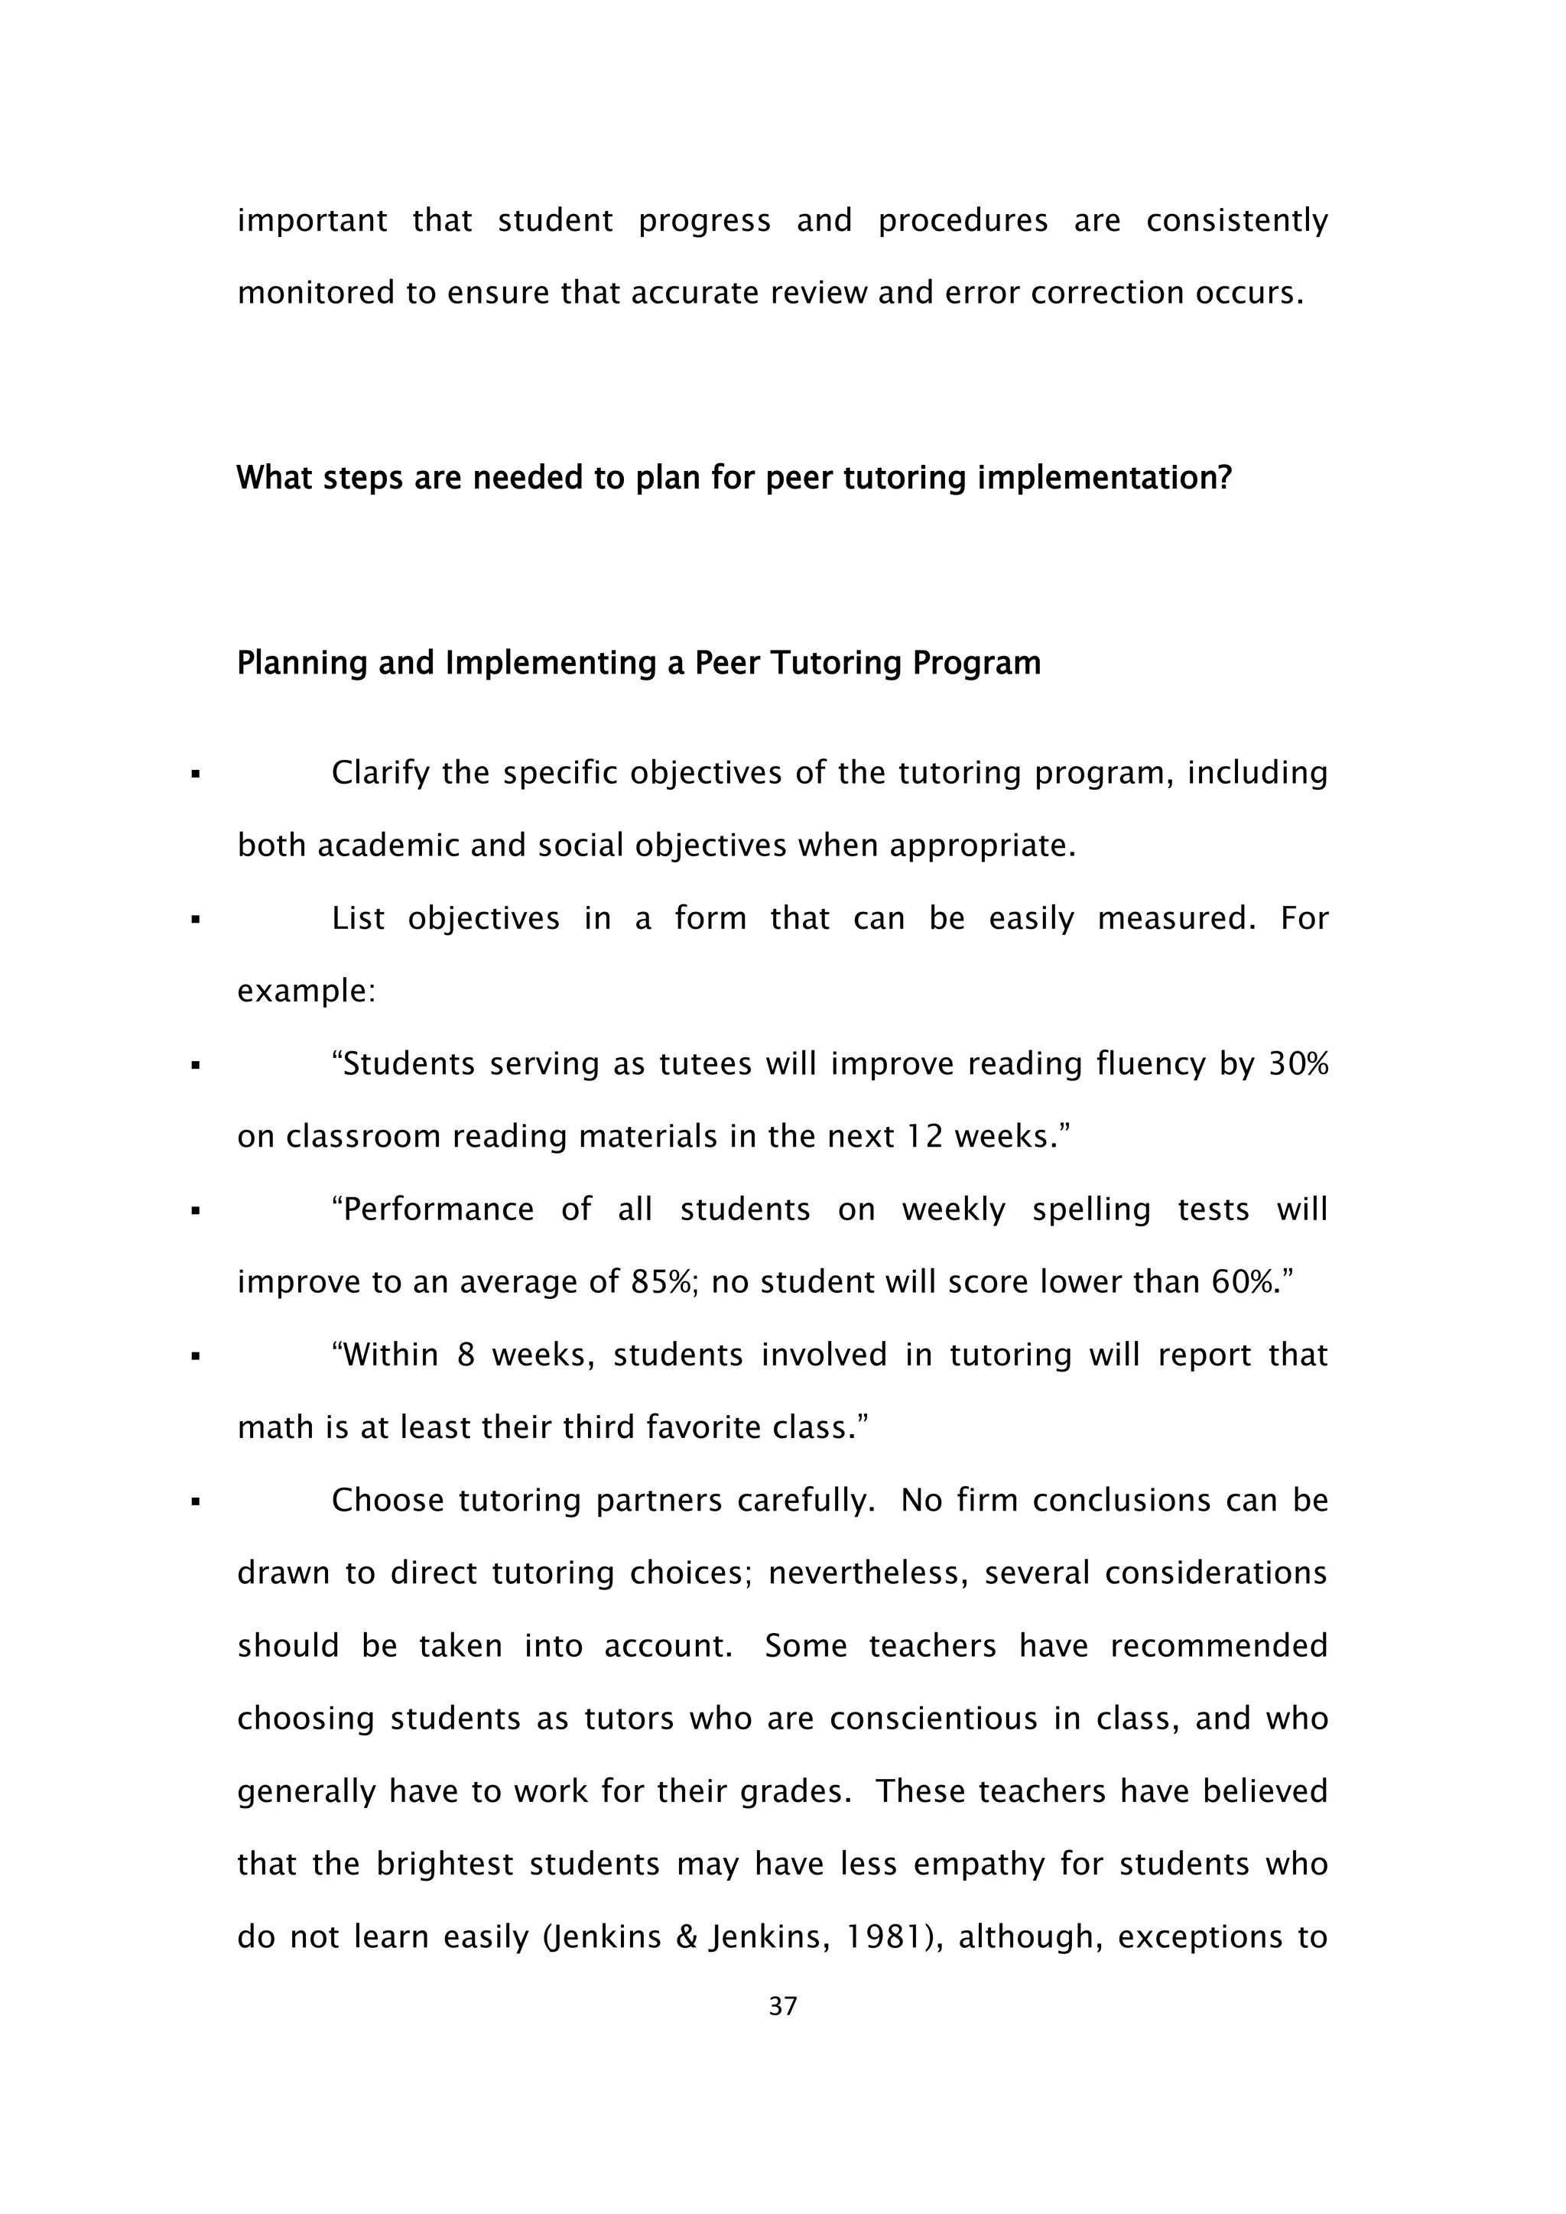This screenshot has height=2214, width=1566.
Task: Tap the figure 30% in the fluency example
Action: click(x=1298, y=1063)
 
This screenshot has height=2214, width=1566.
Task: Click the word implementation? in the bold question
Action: click(x=1105, y=477)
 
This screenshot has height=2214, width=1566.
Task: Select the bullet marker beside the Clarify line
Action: click(x=196, y=774)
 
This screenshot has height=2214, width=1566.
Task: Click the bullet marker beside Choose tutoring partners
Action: click(x=196, y=1501)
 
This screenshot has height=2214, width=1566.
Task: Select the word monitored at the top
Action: click(x=315, y=292)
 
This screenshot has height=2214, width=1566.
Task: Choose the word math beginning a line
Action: click(x=276, y=1427)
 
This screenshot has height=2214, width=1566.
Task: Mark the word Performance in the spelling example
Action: click(x=432, y=1209)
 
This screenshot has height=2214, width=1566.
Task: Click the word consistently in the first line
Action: click(x=1236, y=221)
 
